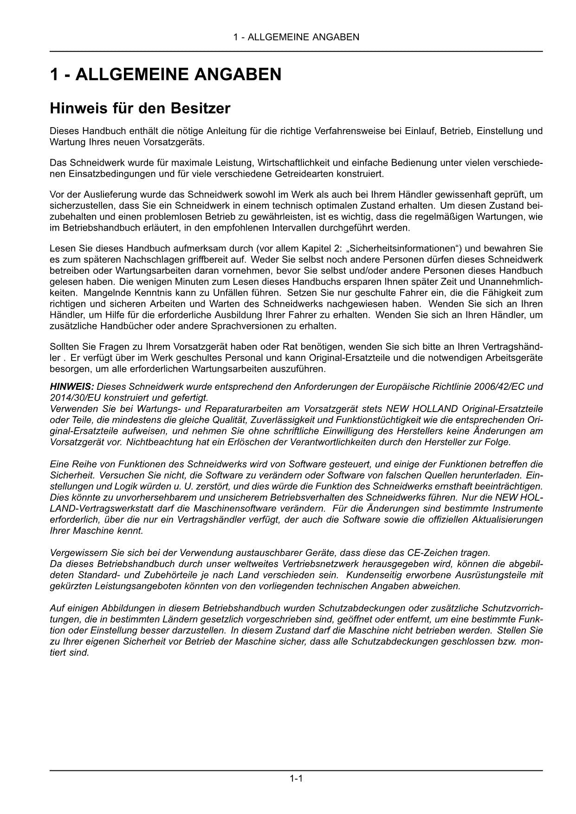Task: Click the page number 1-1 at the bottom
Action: [x=296, y=778]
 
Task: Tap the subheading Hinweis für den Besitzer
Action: [x=140, y=108]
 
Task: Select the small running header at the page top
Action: [x=296, y=37]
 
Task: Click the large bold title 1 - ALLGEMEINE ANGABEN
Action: [x=165, y=74]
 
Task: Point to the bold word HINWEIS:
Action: [x=72, y=387]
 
